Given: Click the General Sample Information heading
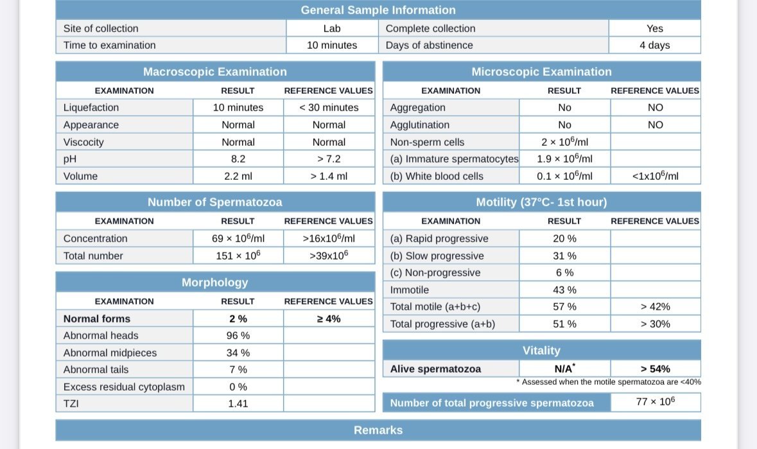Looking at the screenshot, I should click(378, 10).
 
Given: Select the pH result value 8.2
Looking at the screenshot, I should click(238, 159).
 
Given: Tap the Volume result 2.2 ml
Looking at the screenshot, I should click(238, 176).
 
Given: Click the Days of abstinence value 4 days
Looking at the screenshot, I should click(654, 45).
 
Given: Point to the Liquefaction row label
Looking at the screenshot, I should click(91, 107).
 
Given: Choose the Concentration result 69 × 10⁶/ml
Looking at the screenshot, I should click(238, 238).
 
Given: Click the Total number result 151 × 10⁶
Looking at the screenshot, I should click(238, 256).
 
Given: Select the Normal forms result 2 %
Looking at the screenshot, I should click(238, 319).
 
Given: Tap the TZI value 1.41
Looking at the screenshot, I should click(238, 403).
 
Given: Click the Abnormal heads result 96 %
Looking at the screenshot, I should click(238, 335).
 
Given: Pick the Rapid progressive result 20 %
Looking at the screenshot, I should click(564, 238).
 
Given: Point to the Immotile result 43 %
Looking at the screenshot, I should click(564, 290).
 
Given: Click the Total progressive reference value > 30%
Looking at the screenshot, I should click(655, 324).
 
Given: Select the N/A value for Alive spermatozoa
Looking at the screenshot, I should click(564, 369).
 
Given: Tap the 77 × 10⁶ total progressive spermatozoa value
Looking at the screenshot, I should click(654, 402).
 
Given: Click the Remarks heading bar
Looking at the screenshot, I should click(378, 430).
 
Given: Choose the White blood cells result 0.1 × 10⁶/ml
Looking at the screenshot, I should click(564, 176).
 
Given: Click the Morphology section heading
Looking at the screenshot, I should click(214, 283).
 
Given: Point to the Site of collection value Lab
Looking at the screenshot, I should click(331, 28).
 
